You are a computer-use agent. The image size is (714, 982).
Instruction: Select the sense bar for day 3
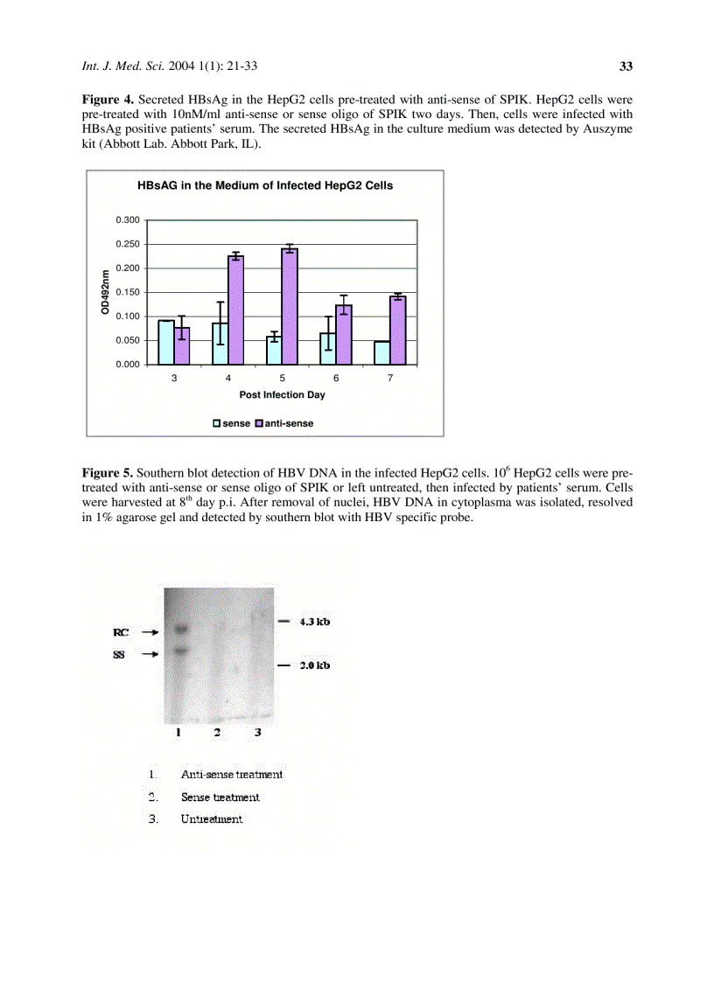click(166, 342)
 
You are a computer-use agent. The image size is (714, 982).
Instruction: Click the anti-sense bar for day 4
click(236, 310)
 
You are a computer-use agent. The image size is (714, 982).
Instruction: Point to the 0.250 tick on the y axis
click(128, 244)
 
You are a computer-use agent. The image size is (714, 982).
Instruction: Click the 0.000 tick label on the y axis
click(128, 364)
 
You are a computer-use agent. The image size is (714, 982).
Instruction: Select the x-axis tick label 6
click(336, 378)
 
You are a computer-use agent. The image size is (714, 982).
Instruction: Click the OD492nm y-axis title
click(104, 292)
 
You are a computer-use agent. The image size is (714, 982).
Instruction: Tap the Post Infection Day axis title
click(282, 395)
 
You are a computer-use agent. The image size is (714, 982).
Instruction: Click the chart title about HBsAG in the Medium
click(265, 185)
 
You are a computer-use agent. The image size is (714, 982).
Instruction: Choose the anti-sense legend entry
click(283, 423)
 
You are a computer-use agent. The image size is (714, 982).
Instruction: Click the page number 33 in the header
click(626, 66)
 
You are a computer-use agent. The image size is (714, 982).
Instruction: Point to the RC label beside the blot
click(121, 631)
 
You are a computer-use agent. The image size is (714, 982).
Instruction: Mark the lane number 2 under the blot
click(217, 733)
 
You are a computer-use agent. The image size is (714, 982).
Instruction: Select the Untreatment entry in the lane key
click(212, 819)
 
